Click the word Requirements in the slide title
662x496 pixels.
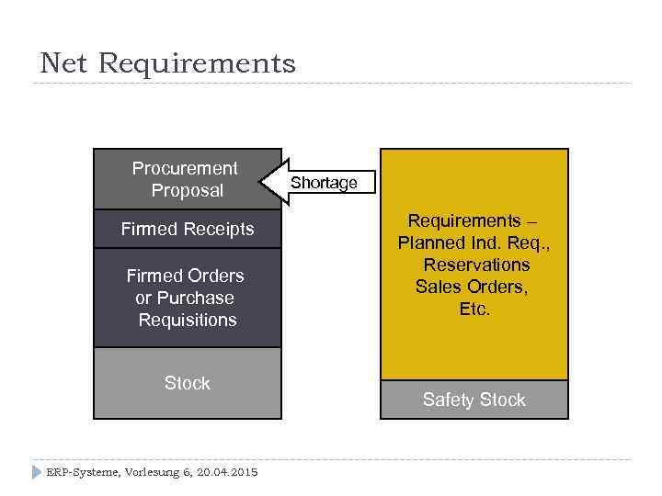tap(197, 63)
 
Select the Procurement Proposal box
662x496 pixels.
tap(188, 179)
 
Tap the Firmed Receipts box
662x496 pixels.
tap(188, 229)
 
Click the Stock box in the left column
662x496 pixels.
tap(188, 383)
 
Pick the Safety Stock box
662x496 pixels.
tap(474, 400)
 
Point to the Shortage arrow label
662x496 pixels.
tap(324, 183)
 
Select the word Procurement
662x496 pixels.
tap(185, 168)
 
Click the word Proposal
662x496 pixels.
tap(188, 191)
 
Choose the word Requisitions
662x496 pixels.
tap(188, 320)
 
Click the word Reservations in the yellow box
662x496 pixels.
tap(476, 265)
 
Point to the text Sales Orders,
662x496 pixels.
tap(473, 287)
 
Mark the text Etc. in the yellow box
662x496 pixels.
tap(474, 309)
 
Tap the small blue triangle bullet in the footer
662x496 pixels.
tap(37, 472)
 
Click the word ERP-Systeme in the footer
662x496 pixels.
tap(80, 472)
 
